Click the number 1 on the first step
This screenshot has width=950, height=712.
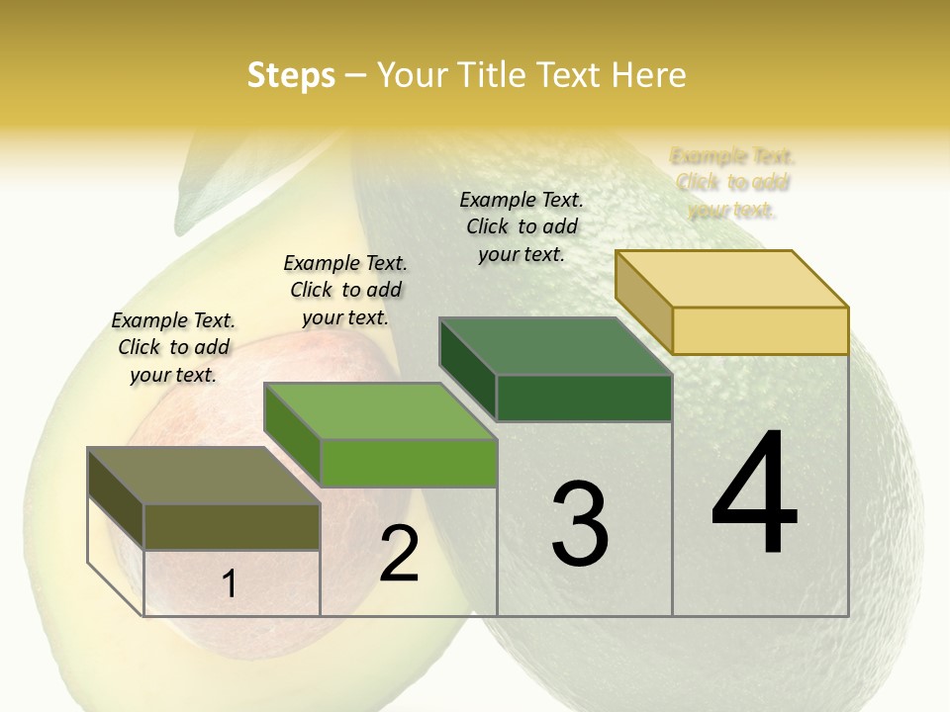[230, 584]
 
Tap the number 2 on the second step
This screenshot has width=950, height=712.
[399, 554]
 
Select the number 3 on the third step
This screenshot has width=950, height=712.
[580, 523]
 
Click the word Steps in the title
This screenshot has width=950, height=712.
[291, 75]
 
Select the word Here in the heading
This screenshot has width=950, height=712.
[648, 75]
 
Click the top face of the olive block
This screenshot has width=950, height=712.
[203, 476]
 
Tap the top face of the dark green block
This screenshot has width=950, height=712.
[555, 347]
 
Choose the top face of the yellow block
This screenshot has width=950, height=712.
[731, 279]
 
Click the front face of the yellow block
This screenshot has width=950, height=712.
[760, 330]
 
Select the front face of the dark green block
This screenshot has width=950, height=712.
[584, 398]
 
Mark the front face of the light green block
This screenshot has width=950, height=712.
[408, 463]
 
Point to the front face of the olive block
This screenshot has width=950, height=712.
[232, 526]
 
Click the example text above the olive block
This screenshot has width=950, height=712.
[173, 347]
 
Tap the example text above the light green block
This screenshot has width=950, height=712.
[345, 290]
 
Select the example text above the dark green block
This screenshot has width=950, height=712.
[522, 226]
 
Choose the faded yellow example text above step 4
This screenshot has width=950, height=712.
[732, 183]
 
